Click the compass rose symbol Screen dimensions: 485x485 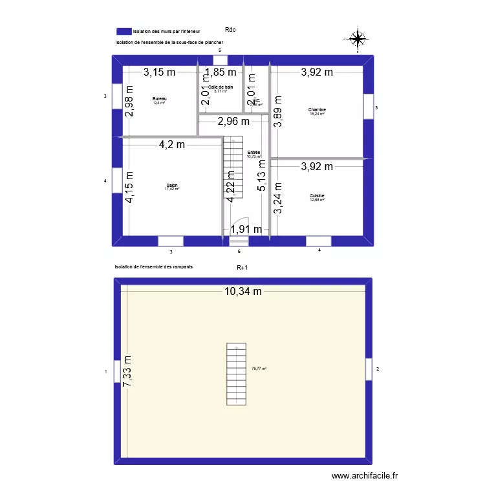[357, 39]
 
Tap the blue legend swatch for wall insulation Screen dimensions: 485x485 [124, 31]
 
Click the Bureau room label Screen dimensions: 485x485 [160, 99]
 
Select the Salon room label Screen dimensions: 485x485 [172, 186]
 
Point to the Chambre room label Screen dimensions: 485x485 [317, 111]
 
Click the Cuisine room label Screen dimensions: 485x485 [317, 196]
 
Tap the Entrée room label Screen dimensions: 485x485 [253, 153]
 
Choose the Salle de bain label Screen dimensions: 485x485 [221, 87]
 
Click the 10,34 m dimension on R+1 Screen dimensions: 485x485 [243, 292]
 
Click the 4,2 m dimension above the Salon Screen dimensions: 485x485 [172, 145]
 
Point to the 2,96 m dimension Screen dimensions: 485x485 [233, 121]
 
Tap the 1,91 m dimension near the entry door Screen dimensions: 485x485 [246, 229]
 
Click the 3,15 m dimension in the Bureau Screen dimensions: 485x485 [160, 72]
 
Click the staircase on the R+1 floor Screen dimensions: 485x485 [237, 374]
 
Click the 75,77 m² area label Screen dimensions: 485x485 [259, 369]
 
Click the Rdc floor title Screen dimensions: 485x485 [230, 29]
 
